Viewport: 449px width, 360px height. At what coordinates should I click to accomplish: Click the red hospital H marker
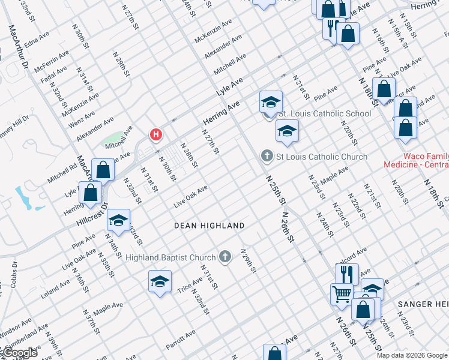pos(156,135)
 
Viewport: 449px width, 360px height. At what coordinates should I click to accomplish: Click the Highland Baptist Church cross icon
pos(225,257)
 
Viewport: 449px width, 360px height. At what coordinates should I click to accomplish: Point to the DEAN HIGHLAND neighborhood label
pos(209,226)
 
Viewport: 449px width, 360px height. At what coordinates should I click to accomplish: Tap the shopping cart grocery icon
pos(342,293)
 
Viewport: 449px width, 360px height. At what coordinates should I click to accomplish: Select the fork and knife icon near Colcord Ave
pos(347,274)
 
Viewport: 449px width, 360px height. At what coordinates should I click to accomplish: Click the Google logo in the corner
pos(19,353)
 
